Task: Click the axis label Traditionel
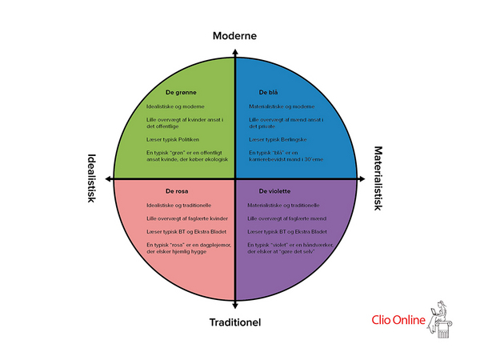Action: click(x=234, y=323)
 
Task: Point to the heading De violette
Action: click(x=274, y=192)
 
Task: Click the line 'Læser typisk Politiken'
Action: click(x=178, y=139)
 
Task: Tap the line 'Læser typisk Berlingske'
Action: click(x=281, y=139)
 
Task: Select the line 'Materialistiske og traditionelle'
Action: click(x=283, y=205)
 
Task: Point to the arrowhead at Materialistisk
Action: click(x=364, y=180)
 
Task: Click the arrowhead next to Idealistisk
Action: click(x=106, y=180)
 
